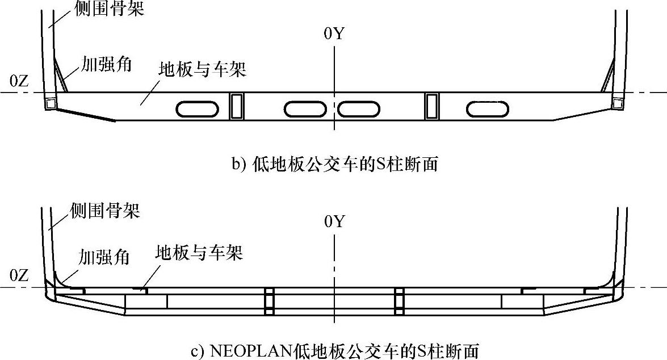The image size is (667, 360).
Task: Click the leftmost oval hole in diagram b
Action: [197, 108]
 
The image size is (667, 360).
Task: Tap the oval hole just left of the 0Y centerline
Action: [307, 108]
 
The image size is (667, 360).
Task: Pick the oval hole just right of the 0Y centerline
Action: [359, 108]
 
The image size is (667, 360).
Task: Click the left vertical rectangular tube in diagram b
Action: [237, 106]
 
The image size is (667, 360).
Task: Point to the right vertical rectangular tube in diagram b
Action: [433, 106]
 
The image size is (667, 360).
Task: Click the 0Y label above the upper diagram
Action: [334, 34]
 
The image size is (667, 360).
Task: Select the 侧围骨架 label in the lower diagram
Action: [105, 211]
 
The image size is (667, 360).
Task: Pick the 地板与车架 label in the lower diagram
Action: [199, 253]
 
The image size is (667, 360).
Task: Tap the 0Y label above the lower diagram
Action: [334, 221]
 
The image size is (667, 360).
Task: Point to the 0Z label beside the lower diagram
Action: [19, 277]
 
